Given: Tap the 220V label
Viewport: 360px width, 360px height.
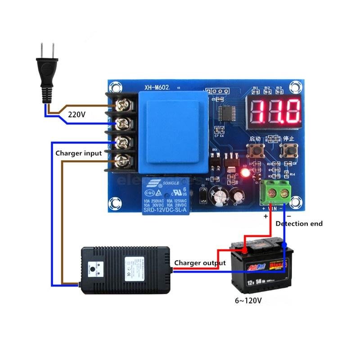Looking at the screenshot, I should tap(76, 114).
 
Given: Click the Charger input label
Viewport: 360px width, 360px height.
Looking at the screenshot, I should tap(79, 153).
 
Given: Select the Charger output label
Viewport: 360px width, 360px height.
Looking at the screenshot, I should tap(200, 263).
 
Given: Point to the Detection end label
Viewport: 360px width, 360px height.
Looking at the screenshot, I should tap(299, 224).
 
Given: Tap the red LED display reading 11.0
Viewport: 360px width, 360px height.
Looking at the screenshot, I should tap(275, 111).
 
